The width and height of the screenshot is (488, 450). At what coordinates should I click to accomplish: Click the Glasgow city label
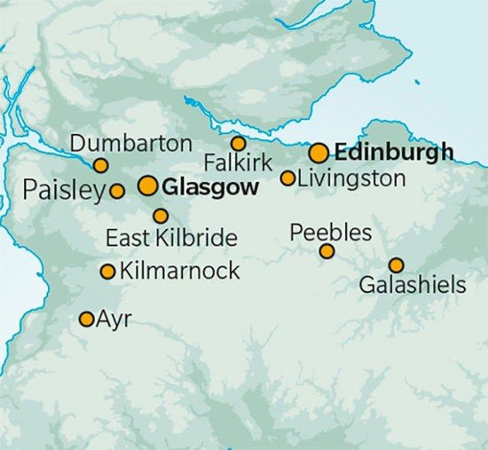[x=212, y=187]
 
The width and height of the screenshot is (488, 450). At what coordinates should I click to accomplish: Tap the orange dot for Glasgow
[x=148, y=186]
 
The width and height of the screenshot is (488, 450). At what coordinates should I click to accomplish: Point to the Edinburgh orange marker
[x=319, y=153]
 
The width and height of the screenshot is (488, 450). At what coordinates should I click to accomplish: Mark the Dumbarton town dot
[x=101, y=165]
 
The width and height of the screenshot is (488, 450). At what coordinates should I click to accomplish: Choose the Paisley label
[x=62, y=190]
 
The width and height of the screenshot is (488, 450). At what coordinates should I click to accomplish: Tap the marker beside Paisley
[x=117, y=190]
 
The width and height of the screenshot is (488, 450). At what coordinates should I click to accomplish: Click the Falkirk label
[x=237, y=164]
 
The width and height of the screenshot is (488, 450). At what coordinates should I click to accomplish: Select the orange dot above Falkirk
[x=238, y=143]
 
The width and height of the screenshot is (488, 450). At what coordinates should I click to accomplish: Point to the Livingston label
[x=351, y=178]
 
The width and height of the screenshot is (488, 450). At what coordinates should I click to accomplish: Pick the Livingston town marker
[x=287, y=178]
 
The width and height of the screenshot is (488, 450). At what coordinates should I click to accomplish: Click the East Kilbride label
[x=171, y=238]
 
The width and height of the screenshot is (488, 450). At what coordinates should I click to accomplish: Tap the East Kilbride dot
[x=161, y=216]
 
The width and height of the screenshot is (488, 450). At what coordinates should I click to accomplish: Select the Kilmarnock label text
[x=178, y=271]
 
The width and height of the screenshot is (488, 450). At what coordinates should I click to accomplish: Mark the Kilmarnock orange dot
[x=108, y=272]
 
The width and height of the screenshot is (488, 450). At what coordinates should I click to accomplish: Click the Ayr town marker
[x=87, y=319]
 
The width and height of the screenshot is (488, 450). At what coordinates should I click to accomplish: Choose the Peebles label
[x=331, y=233]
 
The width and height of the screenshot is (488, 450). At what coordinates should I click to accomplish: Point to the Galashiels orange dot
[x=396, y=264]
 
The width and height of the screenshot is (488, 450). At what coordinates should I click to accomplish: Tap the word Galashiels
[x=413, y=286]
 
